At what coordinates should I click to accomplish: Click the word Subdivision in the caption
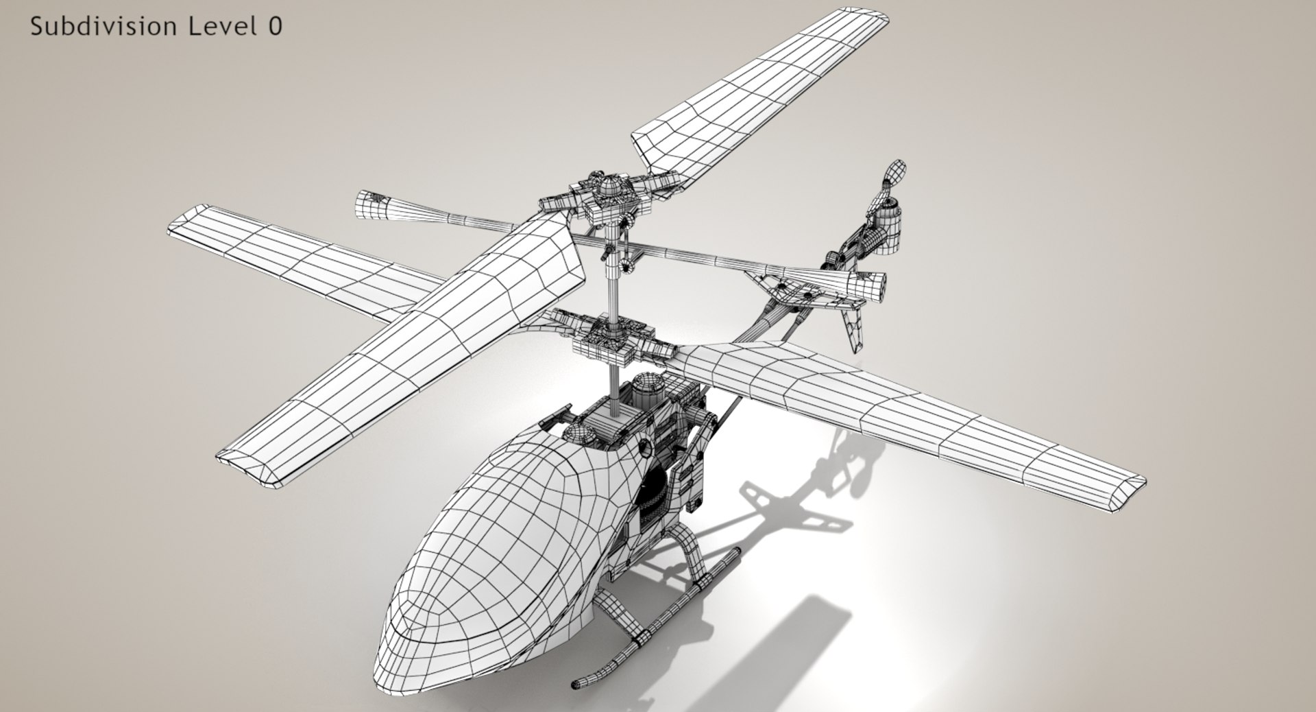[103, 26]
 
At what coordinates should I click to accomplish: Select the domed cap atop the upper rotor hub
[608, 185]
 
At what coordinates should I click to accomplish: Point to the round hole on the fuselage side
[646, 447]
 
